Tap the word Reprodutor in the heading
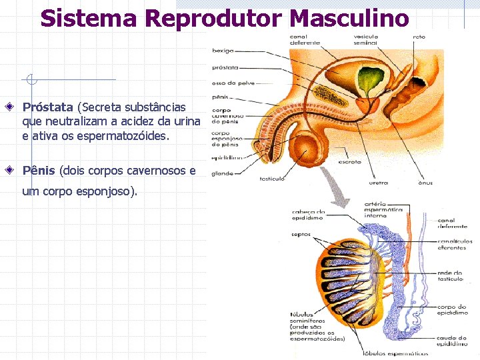tap(205, 18)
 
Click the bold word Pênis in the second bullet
tap(39, 171)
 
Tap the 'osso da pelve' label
tap(229, 83)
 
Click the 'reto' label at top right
tap(419, 37)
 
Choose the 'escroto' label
tap(350, 161)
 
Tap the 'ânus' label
tap(425, 182)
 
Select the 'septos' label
tap(301, 234)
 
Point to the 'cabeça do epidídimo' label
tap(308, 215)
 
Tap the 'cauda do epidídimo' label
tap(453, 341)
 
